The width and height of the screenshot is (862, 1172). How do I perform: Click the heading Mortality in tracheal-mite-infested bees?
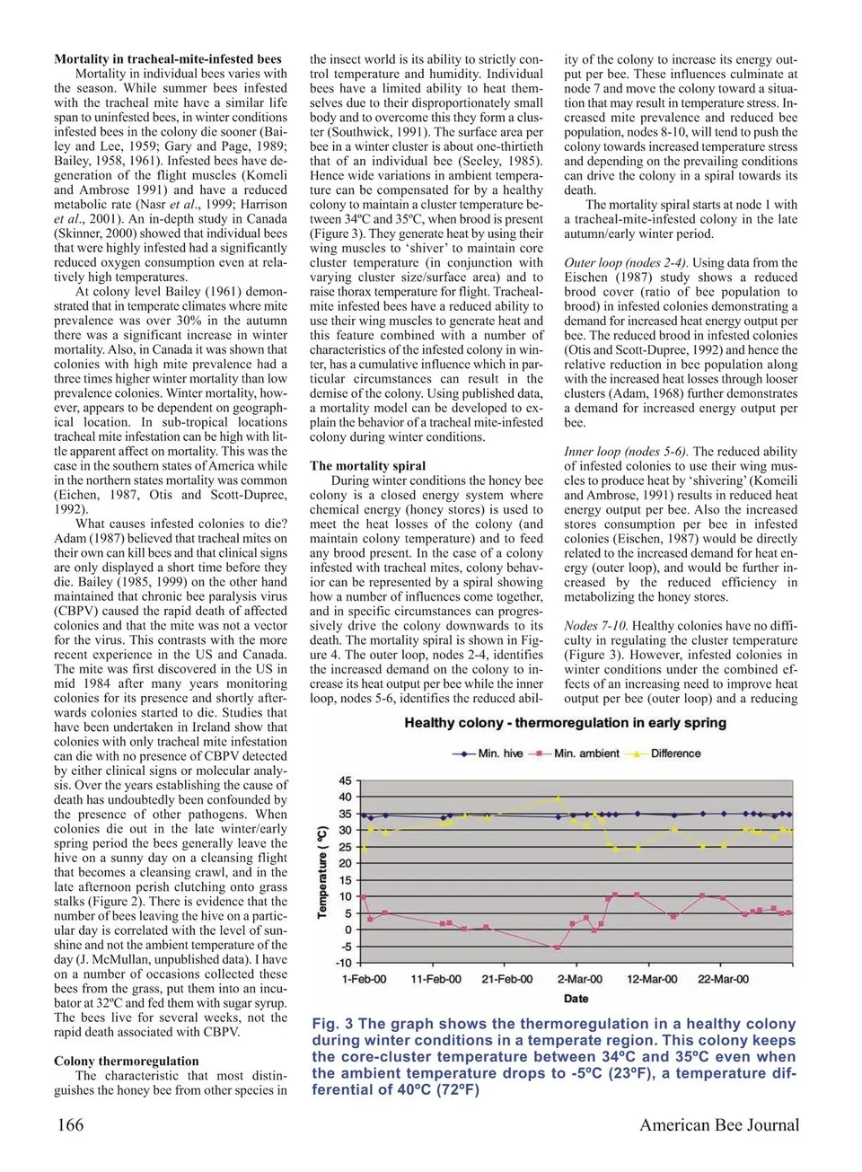click(168, 59)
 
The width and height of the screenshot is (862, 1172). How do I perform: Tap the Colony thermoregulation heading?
click(127, 1061)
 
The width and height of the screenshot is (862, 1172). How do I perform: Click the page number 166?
click(71, 1125)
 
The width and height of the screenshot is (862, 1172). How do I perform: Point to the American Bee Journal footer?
click(718, 1125)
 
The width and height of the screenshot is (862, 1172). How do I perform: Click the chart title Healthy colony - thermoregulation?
click(565, 723)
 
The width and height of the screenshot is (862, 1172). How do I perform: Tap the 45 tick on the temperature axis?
click(345, 781)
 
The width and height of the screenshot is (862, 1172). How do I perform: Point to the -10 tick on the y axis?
click(343, 964)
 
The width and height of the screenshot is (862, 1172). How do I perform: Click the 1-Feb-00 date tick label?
click(365, 979)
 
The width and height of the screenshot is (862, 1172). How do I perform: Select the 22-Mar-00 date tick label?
click(723, 979)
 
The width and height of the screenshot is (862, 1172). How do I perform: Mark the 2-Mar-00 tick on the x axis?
click(580, 979)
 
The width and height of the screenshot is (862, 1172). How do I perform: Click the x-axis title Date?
click(576, 999)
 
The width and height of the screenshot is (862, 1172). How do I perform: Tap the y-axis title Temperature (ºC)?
click(322, 871)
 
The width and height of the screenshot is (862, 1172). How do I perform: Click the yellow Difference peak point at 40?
click(558, 797)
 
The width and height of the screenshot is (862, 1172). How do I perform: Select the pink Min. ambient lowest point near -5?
click(557, 947)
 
